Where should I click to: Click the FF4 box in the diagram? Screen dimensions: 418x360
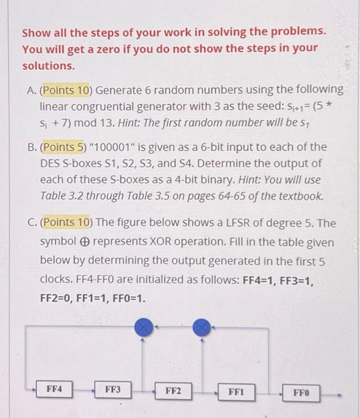point(54,389)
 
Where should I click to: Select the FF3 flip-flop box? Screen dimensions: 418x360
point(113,389)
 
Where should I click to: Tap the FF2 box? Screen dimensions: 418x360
point(173,391)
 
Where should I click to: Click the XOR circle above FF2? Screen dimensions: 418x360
point(143,326)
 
